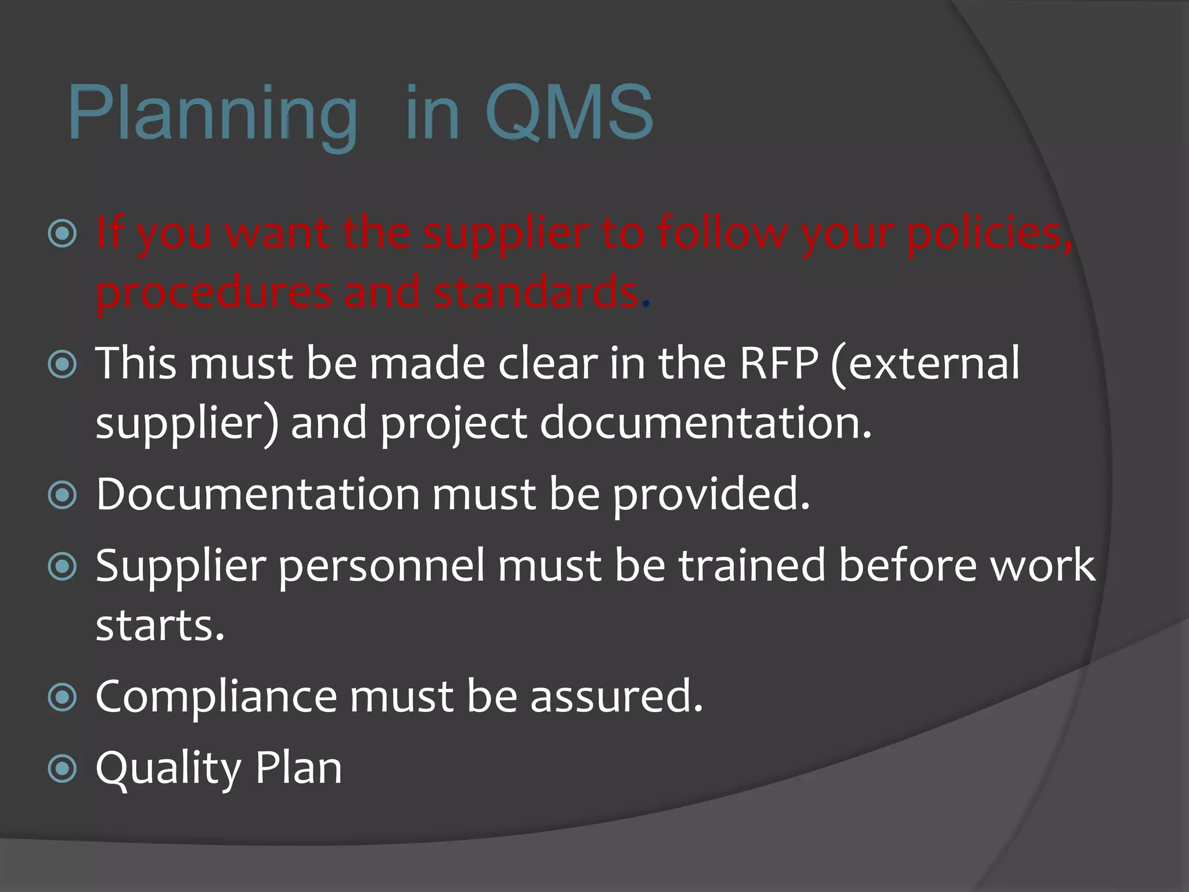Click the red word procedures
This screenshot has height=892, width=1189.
coord(212,294)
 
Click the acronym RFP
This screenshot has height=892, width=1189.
coord(778,364)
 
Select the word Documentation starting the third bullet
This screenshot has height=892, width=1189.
coord(258,495)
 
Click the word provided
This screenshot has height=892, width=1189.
coord(711,495)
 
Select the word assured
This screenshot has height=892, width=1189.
coord(616,697)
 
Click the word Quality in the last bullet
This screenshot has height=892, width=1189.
coord(168,769)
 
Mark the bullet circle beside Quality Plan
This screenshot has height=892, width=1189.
coord(63,769)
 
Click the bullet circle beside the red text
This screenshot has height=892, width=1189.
coord(63,233)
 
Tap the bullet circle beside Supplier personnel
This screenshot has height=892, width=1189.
coord(63,567)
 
